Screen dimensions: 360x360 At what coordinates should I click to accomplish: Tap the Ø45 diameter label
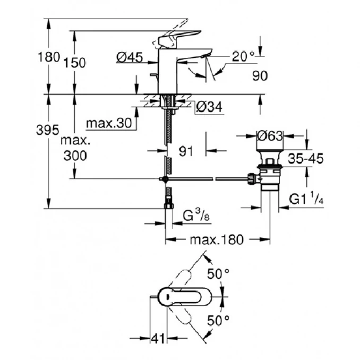[x=130, y=57]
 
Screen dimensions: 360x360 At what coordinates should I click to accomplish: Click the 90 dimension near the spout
[x=259, y=76]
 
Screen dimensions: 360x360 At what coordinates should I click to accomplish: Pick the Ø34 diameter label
[x=208, y=107]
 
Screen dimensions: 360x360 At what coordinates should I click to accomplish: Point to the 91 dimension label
[x=186, y=151]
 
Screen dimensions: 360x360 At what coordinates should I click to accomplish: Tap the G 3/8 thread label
[x=193, y=217]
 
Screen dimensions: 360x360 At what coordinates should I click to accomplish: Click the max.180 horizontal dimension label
[x=216, y=240]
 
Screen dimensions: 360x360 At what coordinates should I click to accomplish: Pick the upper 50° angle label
[x=218, y=275]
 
